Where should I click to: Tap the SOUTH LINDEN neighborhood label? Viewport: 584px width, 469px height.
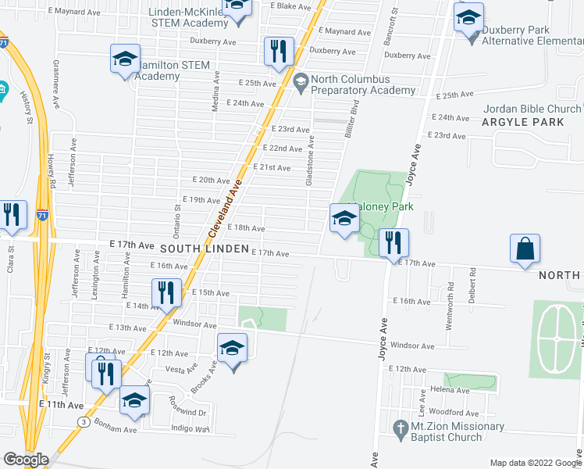click(204, 249)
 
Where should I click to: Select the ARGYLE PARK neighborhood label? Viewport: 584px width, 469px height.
click(516, 123)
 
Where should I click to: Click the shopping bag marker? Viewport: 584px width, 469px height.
click(525, 249)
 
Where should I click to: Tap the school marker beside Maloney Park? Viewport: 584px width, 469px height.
click(344, 218)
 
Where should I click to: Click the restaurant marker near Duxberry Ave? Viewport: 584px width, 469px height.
click(278, 52)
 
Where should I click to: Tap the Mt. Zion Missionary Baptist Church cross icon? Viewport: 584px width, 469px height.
click(400, 428)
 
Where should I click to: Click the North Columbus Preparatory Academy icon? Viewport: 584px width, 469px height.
click(301, 80)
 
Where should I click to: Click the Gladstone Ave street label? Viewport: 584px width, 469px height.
click(312, 152)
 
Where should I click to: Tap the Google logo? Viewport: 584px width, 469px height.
click(26, 460)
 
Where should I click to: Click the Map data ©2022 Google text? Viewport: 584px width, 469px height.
click(536, 462)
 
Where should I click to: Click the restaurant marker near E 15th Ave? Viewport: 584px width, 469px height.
click(166, 293)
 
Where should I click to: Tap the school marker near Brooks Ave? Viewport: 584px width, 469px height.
click(232, 349)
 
